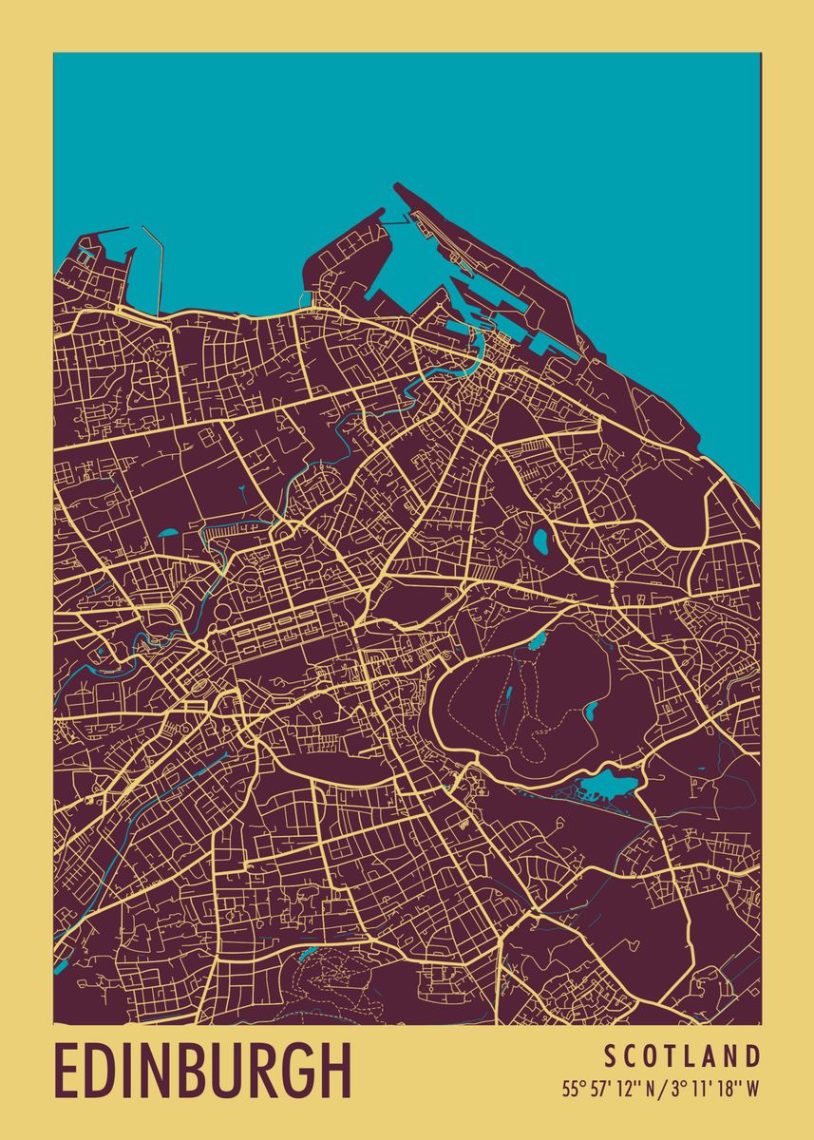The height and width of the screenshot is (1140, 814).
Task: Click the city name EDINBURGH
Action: [202, 1071]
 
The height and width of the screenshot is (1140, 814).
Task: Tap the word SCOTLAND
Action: [682, 1055]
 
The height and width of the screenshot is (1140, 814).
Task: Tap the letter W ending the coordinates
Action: [752, 1089]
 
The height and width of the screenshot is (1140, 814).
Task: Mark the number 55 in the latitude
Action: [571, 1089]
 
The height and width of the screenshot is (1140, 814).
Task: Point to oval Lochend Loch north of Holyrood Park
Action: [540, 541]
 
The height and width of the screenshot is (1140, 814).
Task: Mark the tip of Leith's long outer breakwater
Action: [396, 186]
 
